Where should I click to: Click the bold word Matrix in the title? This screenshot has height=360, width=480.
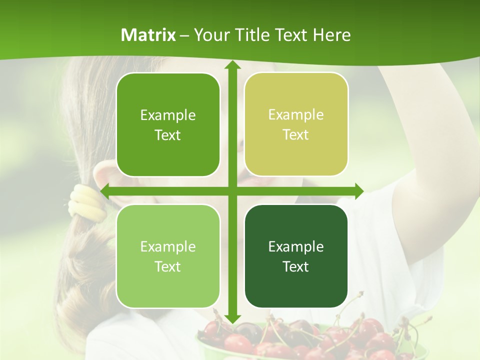[148, 35]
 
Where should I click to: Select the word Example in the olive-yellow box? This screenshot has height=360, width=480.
[296, 115]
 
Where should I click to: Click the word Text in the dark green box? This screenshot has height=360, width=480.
[296, 266]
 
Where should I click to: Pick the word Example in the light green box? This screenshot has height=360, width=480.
[168, 246]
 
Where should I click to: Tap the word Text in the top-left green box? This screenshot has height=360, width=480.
[168, 135]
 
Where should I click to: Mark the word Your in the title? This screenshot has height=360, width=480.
[209, 35]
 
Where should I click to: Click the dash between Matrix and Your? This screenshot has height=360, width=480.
[184, 35]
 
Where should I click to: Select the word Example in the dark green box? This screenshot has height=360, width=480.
[296, 246]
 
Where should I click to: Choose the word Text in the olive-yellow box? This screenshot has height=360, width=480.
[296, 135]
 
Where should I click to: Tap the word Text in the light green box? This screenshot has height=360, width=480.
[168, 266]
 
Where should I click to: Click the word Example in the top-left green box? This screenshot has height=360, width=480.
[168, 115]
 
